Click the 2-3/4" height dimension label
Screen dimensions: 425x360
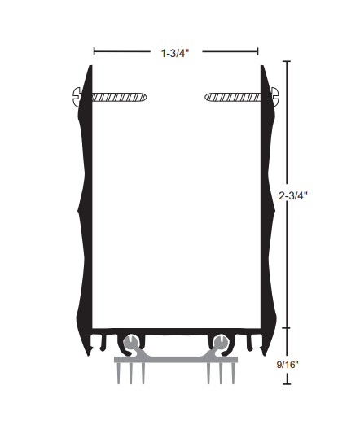point(292,195)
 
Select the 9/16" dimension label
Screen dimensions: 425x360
point(288,365)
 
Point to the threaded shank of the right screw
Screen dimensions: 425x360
point(236,97)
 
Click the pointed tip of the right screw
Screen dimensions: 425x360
point(206,97)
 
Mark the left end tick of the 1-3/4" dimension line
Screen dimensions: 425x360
point(94,51)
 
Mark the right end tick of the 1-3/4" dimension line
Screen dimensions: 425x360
point(261,51)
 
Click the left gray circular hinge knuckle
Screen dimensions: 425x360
point(130,340)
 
